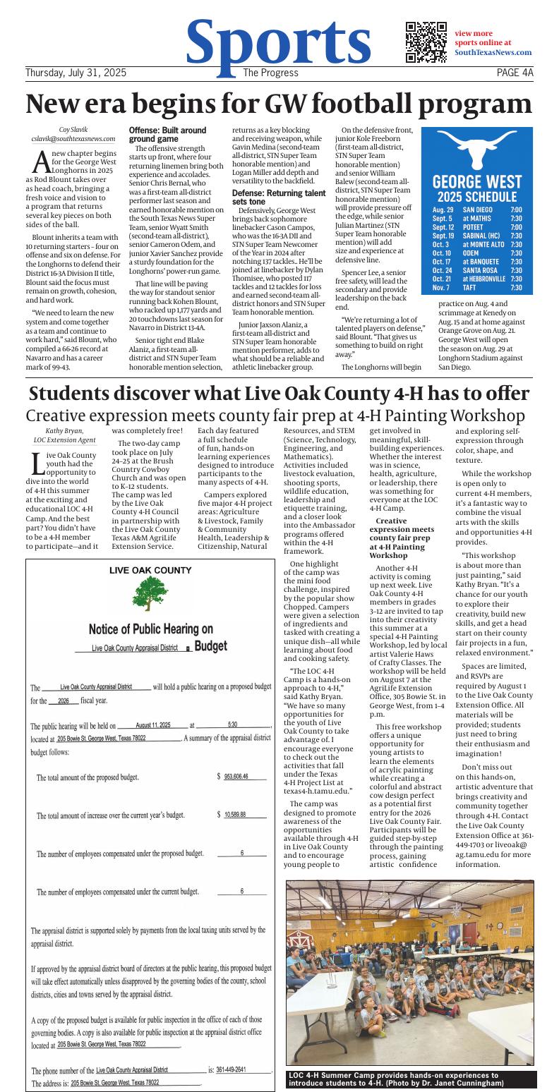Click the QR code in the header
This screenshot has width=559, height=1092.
(426, 42)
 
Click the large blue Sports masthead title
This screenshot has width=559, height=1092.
(278, 41)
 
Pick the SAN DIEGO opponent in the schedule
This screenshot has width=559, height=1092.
(478, 210)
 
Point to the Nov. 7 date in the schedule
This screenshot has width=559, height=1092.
(441, 288)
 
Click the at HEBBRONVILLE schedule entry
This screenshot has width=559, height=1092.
(484, 278)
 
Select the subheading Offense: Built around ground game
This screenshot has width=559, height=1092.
(167, 135)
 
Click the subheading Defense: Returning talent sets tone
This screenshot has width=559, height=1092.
(279, 197)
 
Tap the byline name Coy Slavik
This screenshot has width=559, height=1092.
(73, 130)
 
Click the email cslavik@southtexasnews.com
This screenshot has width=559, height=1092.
(73, 139)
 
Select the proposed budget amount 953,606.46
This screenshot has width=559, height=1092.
(236, 776)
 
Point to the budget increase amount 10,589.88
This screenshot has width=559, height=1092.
(235, 814)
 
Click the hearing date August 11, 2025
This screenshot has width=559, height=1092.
(152, 725)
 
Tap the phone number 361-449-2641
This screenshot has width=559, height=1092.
(232, 1069)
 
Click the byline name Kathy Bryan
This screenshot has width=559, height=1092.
(65, 430)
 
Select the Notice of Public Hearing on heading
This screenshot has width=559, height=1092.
(150, 629)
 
